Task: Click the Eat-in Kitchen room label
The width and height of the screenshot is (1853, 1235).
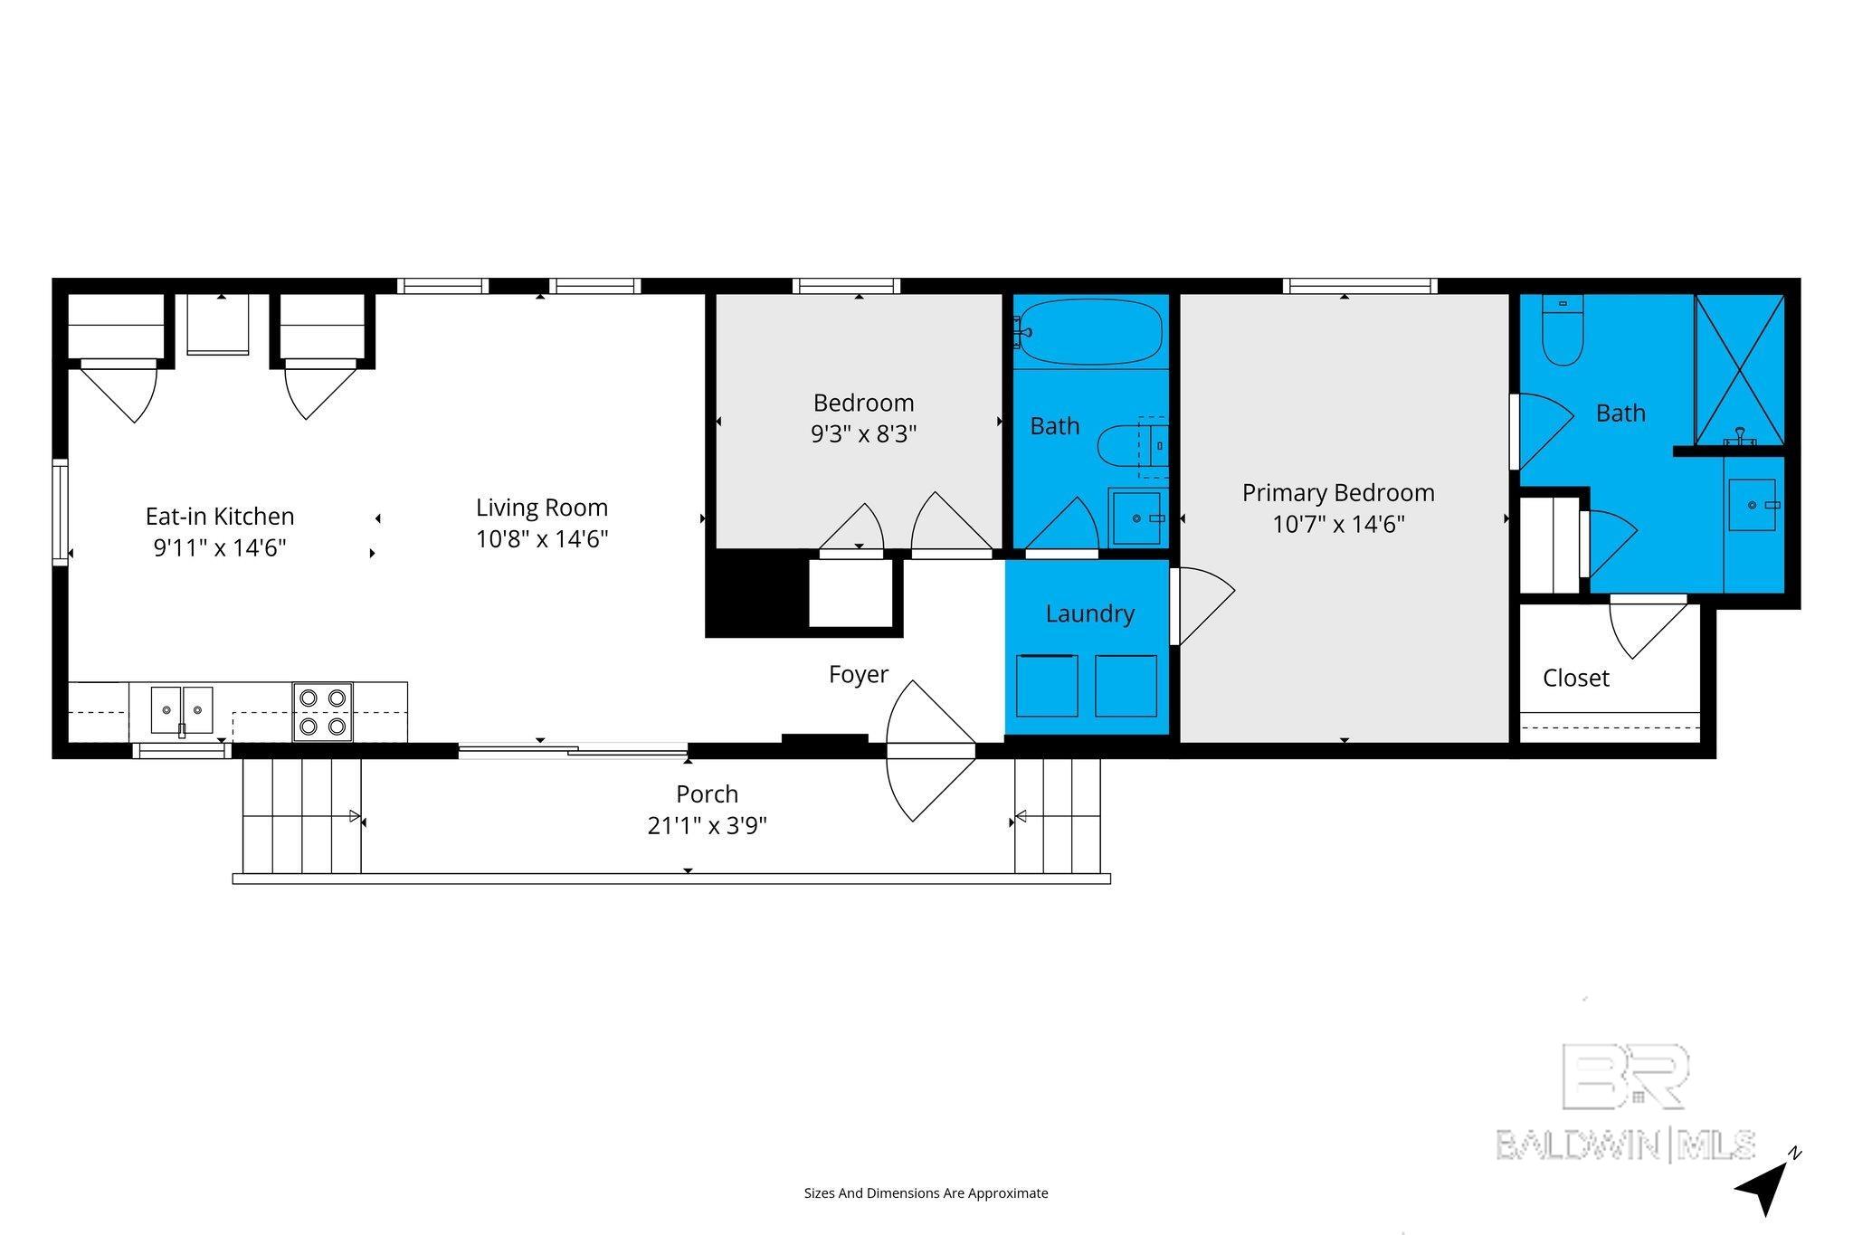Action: click(x=220, y=517)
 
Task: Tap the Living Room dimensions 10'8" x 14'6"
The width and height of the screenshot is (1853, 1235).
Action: click(x=542, y=539)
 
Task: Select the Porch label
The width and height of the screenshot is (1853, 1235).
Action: click(x=708, y=794)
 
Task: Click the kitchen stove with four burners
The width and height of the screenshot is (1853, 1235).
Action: click(x=323, y=712)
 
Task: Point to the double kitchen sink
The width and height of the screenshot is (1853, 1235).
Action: click(x=182, y=710)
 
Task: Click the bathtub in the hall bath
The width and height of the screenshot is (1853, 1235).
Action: click(x=1088, y=332)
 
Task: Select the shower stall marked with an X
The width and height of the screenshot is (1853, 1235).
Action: click(x=1739, y=369)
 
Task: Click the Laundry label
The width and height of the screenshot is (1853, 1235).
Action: click(x=1090, y=613)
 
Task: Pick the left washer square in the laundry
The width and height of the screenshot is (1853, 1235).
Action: click(x=1047, y=685)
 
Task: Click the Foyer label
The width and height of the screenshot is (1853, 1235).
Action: click(x=859, y=674)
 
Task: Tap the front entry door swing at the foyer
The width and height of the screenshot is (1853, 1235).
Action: click(x=930, y=750)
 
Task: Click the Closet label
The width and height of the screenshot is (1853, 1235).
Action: click(x=1576, y=678)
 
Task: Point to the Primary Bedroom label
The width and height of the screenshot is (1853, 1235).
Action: click(x=1338, y=493)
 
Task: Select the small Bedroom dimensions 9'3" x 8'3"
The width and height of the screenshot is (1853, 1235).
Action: click(x=864, y=434)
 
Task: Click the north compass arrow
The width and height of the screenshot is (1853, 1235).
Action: click(x=1763, y=1188)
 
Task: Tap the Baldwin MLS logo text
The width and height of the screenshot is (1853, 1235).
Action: click(x=1625, y=1145)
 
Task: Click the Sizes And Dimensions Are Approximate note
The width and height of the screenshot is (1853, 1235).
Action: click(x=926, y=1193)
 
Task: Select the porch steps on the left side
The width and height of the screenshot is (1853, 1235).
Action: click(x=301, y=815)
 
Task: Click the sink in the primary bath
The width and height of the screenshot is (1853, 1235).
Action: click(x=1753, y=505)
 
